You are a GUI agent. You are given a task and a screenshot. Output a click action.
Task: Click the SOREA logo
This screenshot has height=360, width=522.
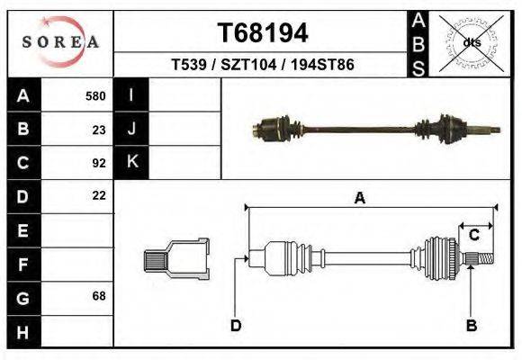click(x=60, y=42)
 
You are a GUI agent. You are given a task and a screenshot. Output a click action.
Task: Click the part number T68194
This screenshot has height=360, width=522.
click(x=263, y=33)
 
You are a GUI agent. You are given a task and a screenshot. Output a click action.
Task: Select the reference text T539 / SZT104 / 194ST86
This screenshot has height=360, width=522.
click(x=262, y=66)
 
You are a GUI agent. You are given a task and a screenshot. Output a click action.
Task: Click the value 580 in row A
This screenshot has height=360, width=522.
click(x=95, y=96)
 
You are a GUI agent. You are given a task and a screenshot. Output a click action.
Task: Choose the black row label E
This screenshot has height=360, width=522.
click(x=22, y=230)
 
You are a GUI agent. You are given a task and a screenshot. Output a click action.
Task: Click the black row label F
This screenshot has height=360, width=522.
click(x=22, y=264)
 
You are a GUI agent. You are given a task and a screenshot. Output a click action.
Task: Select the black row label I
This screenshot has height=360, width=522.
click(x=131, y=96)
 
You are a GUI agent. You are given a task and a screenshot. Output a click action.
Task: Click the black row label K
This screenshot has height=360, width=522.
click(x=131, y=163)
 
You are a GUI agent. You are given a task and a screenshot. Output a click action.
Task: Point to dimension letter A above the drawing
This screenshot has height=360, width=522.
click(x=360, y=199)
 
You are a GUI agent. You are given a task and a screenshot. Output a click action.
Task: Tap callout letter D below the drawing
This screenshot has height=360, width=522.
click(x=235, y=326)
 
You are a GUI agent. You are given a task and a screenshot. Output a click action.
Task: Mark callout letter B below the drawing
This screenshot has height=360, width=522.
click(x=470, y=326)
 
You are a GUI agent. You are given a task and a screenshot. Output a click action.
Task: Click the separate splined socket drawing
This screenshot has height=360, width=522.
click(x=176, y=260)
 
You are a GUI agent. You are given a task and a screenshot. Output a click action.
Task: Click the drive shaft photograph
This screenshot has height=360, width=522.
click(x=375, y=130)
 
